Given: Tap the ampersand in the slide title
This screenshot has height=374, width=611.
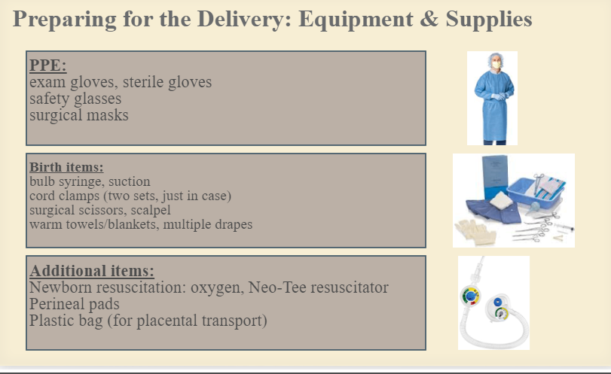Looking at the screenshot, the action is pos(429,19).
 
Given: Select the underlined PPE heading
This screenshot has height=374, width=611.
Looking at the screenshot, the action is pos(48,65).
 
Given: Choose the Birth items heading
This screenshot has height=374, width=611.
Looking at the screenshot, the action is pos(66,167).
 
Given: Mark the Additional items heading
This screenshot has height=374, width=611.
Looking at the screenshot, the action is pos(92,270).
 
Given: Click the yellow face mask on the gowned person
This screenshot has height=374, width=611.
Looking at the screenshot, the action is pos(496,65).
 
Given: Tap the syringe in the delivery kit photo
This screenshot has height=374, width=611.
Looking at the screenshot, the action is pos(561,228).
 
